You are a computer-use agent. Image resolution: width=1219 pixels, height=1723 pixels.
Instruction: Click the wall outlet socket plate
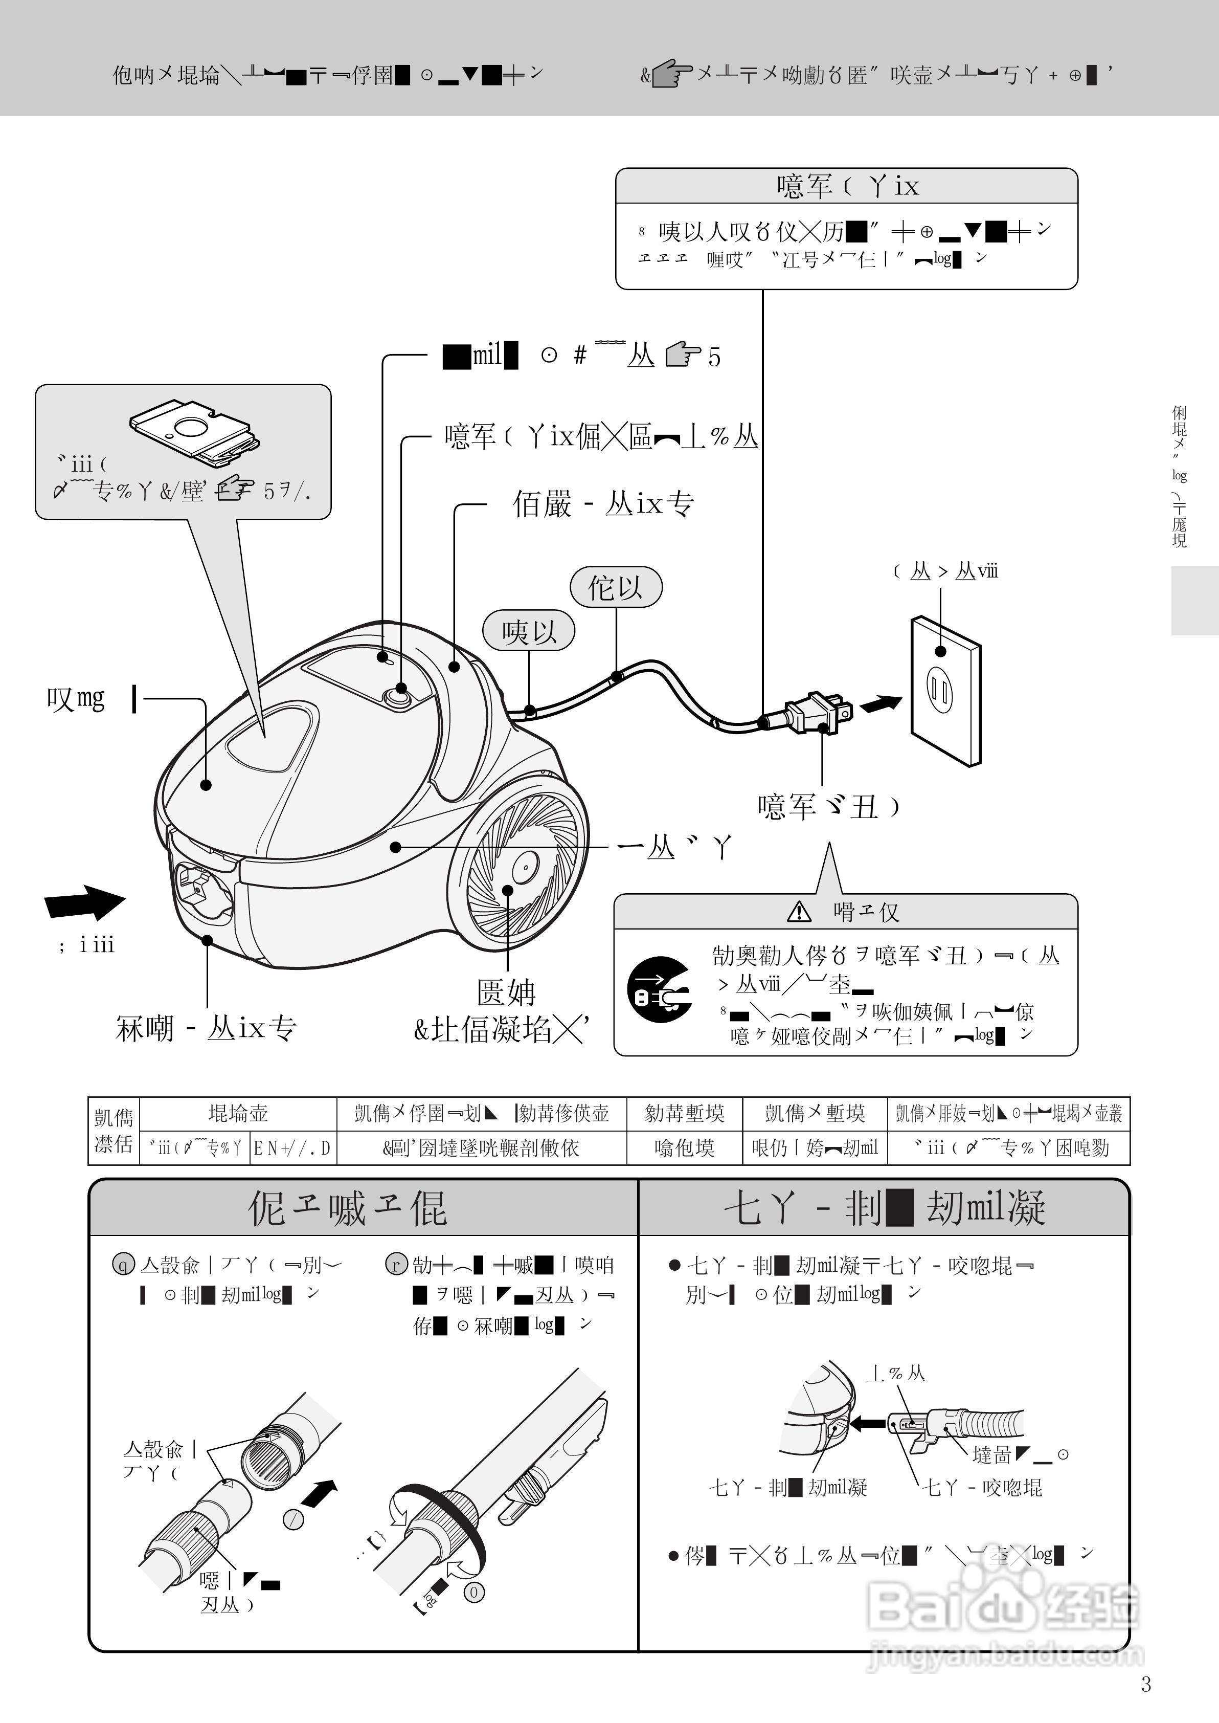(x=945, y=691)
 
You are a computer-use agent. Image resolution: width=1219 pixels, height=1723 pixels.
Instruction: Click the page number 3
(x=1145, y=1684)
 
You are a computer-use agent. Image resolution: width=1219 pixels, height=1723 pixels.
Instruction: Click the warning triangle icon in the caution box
(x=799, y=912)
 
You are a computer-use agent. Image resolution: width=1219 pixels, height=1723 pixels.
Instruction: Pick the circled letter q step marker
(x=123, y=1265)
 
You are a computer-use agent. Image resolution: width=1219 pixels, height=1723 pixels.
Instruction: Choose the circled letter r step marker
(x=396, y=1265)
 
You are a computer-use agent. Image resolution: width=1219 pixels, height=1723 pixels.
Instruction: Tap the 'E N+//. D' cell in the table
(x=292, y=1148)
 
